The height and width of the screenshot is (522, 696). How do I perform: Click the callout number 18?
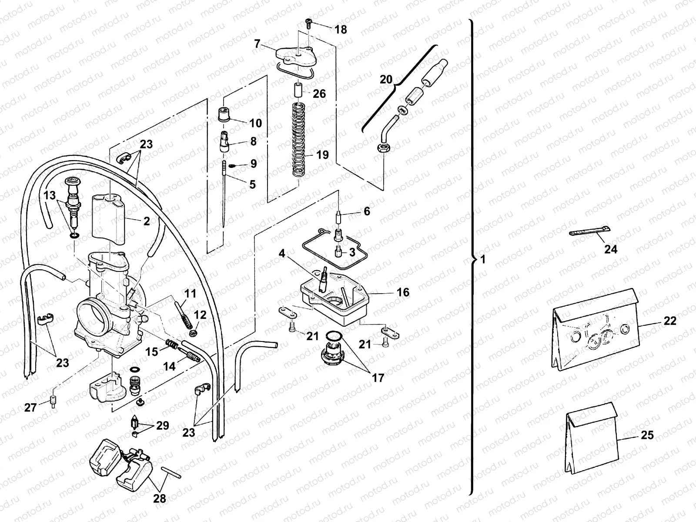click(x=341, y=30)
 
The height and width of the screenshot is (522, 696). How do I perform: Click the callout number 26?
click(x=319, y=94)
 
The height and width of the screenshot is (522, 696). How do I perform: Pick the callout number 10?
click(x=256, y=123)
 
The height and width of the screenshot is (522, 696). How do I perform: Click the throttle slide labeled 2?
click(x=108, y=221)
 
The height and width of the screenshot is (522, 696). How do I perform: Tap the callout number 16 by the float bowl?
click(x=403, y=292)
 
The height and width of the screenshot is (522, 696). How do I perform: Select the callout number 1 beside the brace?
click(x=483, y=260)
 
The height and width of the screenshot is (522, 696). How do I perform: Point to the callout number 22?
click(x=670, y=321)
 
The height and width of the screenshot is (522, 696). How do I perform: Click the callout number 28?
click(x=160, y=499)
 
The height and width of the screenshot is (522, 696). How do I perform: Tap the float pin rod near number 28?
click(x=171, y=472)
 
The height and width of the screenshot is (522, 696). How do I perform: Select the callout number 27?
click(x=30, y=408)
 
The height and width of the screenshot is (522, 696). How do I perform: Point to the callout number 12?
click(x=200, y=315)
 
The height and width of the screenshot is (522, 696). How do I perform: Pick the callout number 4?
click(x=282, y=253)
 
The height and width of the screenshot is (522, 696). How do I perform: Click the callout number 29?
click(x=162, y=425)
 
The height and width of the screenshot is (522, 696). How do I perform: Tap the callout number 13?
click(x=50, y=195)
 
